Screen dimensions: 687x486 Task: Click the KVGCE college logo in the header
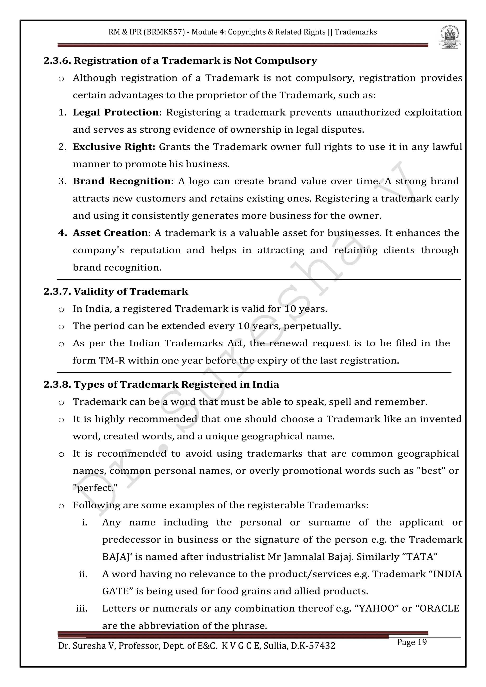450,37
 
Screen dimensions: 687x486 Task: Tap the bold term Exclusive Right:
114,147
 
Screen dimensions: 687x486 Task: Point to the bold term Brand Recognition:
123,181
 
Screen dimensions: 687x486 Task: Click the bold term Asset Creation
110,233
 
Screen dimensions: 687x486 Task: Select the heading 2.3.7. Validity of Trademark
116,292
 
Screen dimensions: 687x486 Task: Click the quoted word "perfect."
95,488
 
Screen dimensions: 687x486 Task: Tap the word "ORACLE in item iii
438,609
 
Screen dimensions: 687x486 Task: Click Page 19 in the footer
412,642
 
